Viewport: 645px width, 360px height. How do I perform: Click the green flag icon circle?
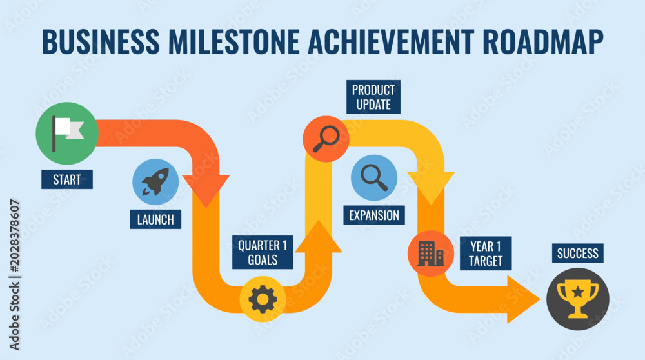67,134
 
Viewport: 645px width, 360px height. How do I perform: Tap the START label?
67,179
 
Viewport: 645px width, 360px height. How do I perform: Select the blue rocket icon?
155,182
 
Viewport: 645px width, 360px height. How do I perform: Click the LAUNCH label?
155,219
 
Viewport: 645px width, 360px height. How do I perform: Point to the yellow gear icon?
263,299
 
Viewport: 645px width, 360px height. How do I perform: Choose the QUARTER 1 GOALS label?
263,252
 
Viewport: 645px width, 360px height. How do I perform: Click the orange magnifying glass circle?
326,139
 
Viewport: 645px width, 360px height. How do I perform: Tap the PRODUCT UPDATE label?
373,97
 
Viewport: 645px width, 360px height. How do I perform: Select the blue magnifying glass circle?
374,177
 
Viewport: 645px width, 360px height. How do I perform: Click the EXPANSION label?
374,215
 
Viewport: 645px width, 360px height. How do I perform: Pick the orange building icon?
431,254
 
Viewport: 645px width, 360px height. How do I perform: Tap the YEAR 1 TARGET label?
486,254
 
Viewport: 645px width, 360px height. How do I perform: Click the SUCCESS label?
577,253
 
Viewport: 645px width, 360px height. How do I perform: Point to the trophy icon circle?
577,299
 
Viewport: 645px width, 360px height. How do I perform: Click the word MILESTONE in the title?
233,41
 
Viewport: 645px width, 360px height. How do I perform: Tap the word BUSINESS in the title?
101,41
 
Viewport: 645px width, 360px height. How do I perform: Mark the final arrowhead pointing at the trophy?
523,299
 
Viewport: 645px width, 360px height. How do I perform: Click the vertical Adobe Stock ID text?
14,275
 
